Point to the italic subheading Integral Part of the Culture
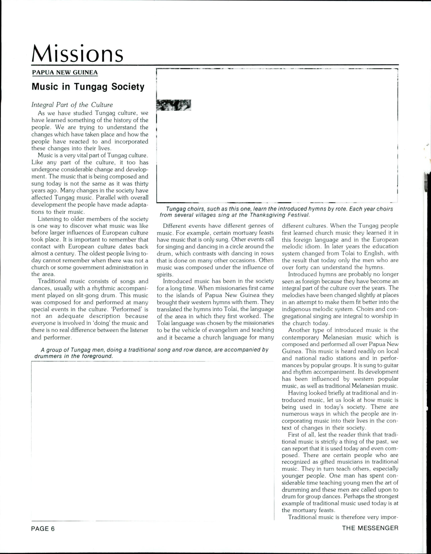click(72, 105)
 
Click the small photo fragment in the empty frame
click(174, 105)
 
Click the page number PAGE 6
click(43, 529)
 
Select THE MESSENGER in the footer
click(370, 528)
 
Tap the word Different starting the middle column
click(175, 226)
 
